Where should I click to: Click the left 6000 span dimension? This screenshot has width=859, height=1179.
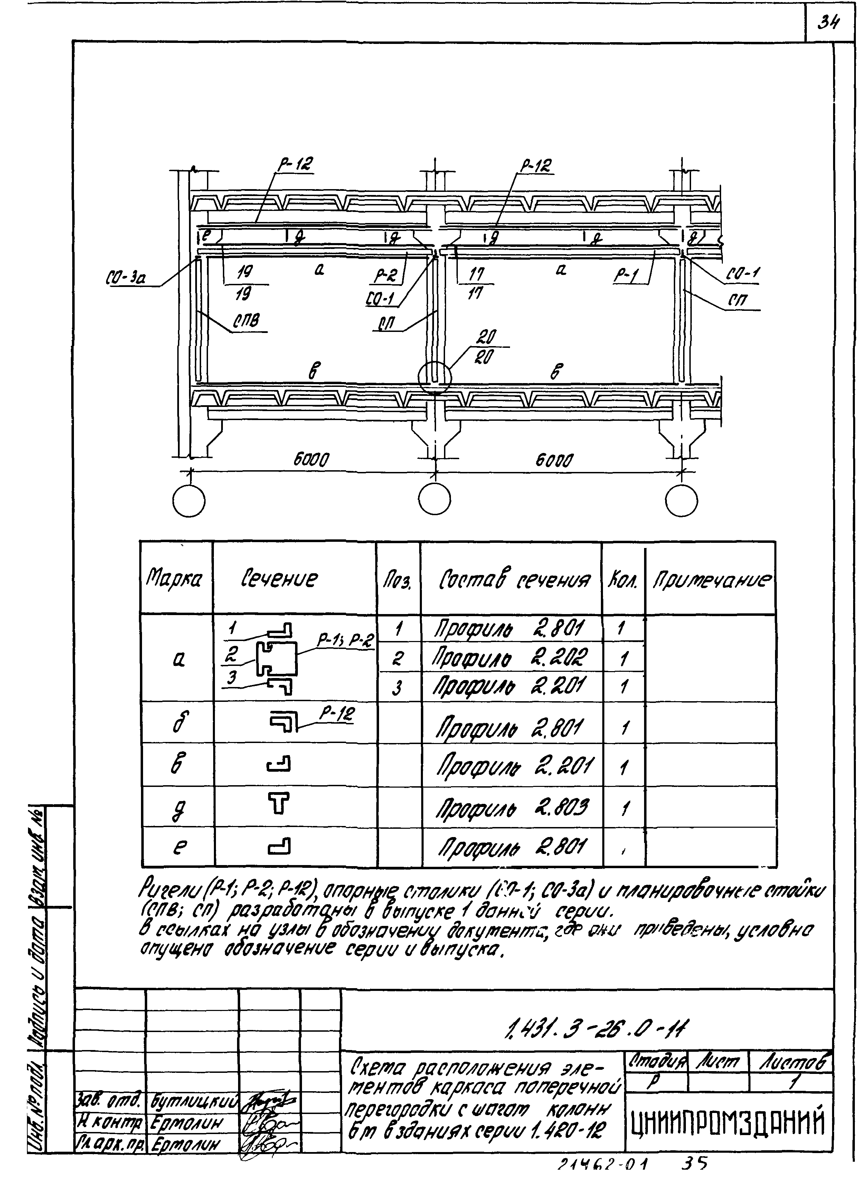click(x=311, y=460)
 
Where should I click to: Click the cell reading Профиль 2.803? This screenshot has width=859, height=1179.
click(x=512, y=808)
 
